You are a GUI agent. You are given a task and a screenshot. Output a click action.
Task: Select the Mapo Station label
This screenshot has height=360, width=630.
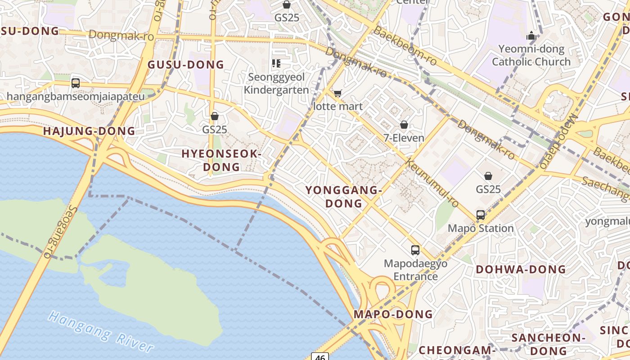[480, 228]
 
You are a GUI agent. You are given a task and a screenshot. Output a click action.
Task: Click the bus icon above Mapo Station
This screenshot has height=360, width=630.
[481, 215]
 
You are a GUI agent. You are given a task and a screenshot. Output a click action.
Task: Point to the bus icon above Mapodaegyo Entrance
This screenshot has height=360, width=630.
[415, 250]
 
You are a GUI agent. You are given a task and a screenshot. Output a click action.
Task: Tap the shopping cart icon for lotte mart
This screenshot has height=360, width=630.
[337, 94]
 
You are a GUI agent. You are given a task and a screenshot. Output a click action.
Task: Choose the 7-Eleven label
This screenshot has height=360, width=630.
[404, 138]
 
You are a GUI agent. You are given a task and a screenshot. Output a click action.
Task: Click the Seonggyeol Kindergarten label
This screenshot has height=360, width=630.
[276, 83]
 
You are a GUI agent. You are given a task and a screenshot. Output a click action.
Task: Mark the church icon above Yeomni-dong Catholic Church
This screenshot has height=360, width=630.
[531, 36]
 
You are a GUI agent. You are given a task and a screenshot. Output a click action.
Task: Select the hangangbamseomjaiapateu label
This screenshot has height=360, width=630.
[76, 96]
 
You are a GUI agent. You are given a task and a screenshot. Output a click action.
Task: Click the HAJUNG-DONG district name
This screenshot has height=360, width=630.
[89, 131]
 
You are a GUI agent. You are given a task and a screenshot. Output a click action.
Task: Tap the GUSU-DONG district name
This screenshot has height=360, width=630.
[186, 64]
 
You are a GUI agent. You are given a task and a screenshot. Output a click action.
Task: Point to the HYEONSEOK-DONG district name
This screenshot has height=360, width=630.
[221, 160]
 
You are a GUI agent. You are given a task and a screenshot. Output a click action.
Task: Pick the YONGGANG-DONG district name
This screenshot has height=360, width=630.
[344, 197]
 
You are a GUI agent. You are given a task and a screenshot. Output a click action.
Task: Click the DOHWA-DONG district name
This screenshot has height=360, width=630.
[521, 270]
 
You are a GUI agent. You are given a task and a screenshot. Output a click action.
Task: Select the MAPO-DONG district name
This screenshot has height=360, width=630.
[393, 314]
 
